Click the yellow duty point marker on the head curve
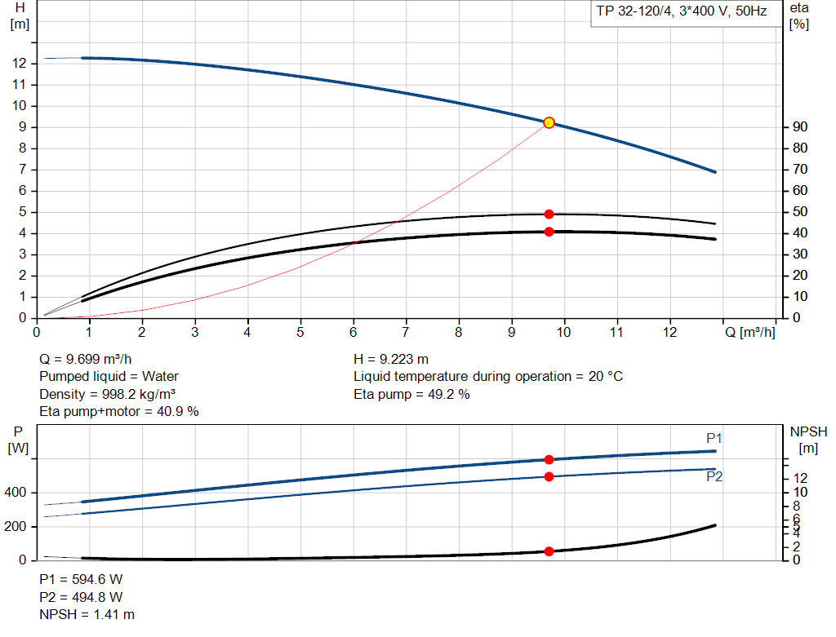tap(549, 122)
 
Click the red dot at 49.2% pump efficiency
tap(549, 214)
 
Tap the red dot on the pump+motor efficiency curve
tap(549, 232)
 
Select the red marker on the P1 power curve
tap(549, 460)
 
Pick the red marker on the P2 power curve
tap(549, 476)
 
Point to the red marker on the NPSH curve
tap(549, 551)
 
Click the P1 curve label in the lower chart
tap(714, 439)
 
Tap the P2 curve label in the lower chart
tap(714, 477)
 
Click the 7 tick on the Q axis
tap(406, 333)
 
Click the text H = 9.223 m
tap(391, 359)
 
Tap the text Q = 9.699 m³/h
tap(86, 359)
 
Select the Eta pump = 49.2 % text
tap(411, 395)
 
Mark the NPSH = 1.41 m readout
tap(87, 614)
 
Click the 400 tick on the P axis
tap(18, 493)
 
